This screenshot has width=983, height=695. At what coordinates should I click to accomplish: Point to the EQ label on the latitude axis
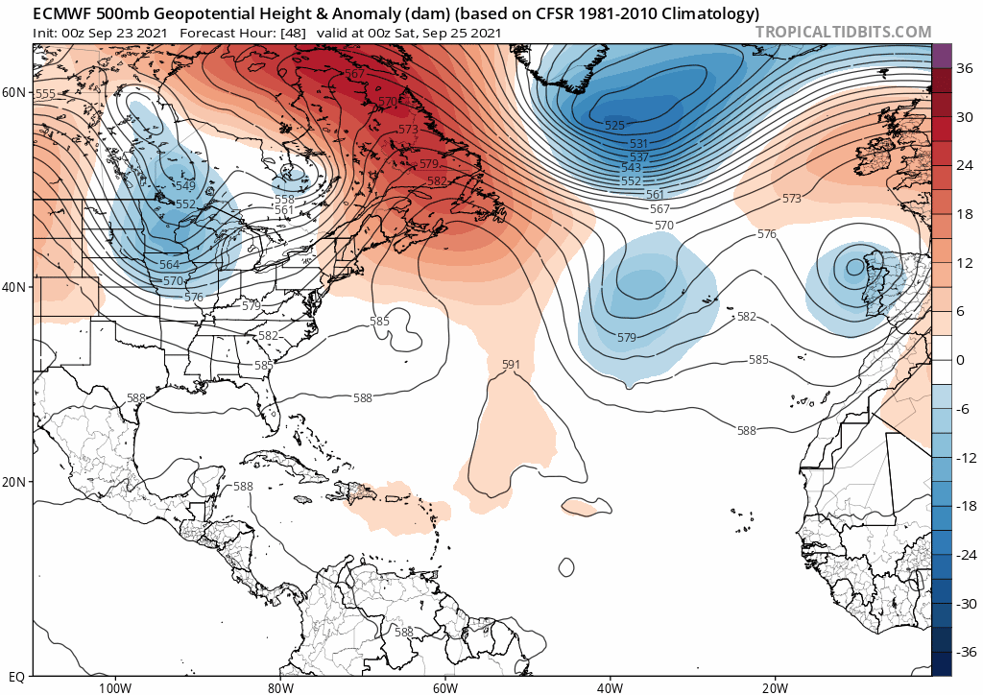click(15, 677)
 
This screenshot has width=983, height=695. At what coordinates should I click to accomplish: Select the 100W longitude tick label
click(114, 687)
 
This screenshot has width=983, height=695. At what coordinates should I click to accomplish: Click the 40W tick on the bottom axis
click(610, 687)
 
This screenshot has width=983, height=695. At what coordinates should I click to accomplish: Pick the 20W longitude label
click(775, 687)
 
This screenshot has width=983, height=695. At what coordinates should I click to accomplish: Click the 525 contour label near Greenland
click(615, 126)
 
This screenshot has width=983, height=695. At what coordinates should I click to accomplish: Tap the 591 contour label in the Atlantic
click(511, 365)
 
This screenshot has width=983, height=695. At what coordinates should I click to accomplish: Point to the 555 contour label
click(44, 94)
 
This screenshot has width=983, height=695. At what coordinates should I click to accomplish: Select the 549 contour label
click(185, 186)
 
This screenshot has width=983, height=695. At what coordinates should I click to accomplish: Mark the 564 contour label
click(169, 265)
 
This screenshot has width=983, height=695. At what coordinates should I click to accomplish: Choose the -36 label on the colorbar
click(964, 652)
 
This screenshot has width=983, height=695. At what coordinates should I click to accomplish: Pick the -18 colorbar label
click(964, 506)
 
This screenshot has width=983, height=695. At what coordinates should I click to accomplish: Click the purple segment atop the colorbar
click(941, 56)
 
